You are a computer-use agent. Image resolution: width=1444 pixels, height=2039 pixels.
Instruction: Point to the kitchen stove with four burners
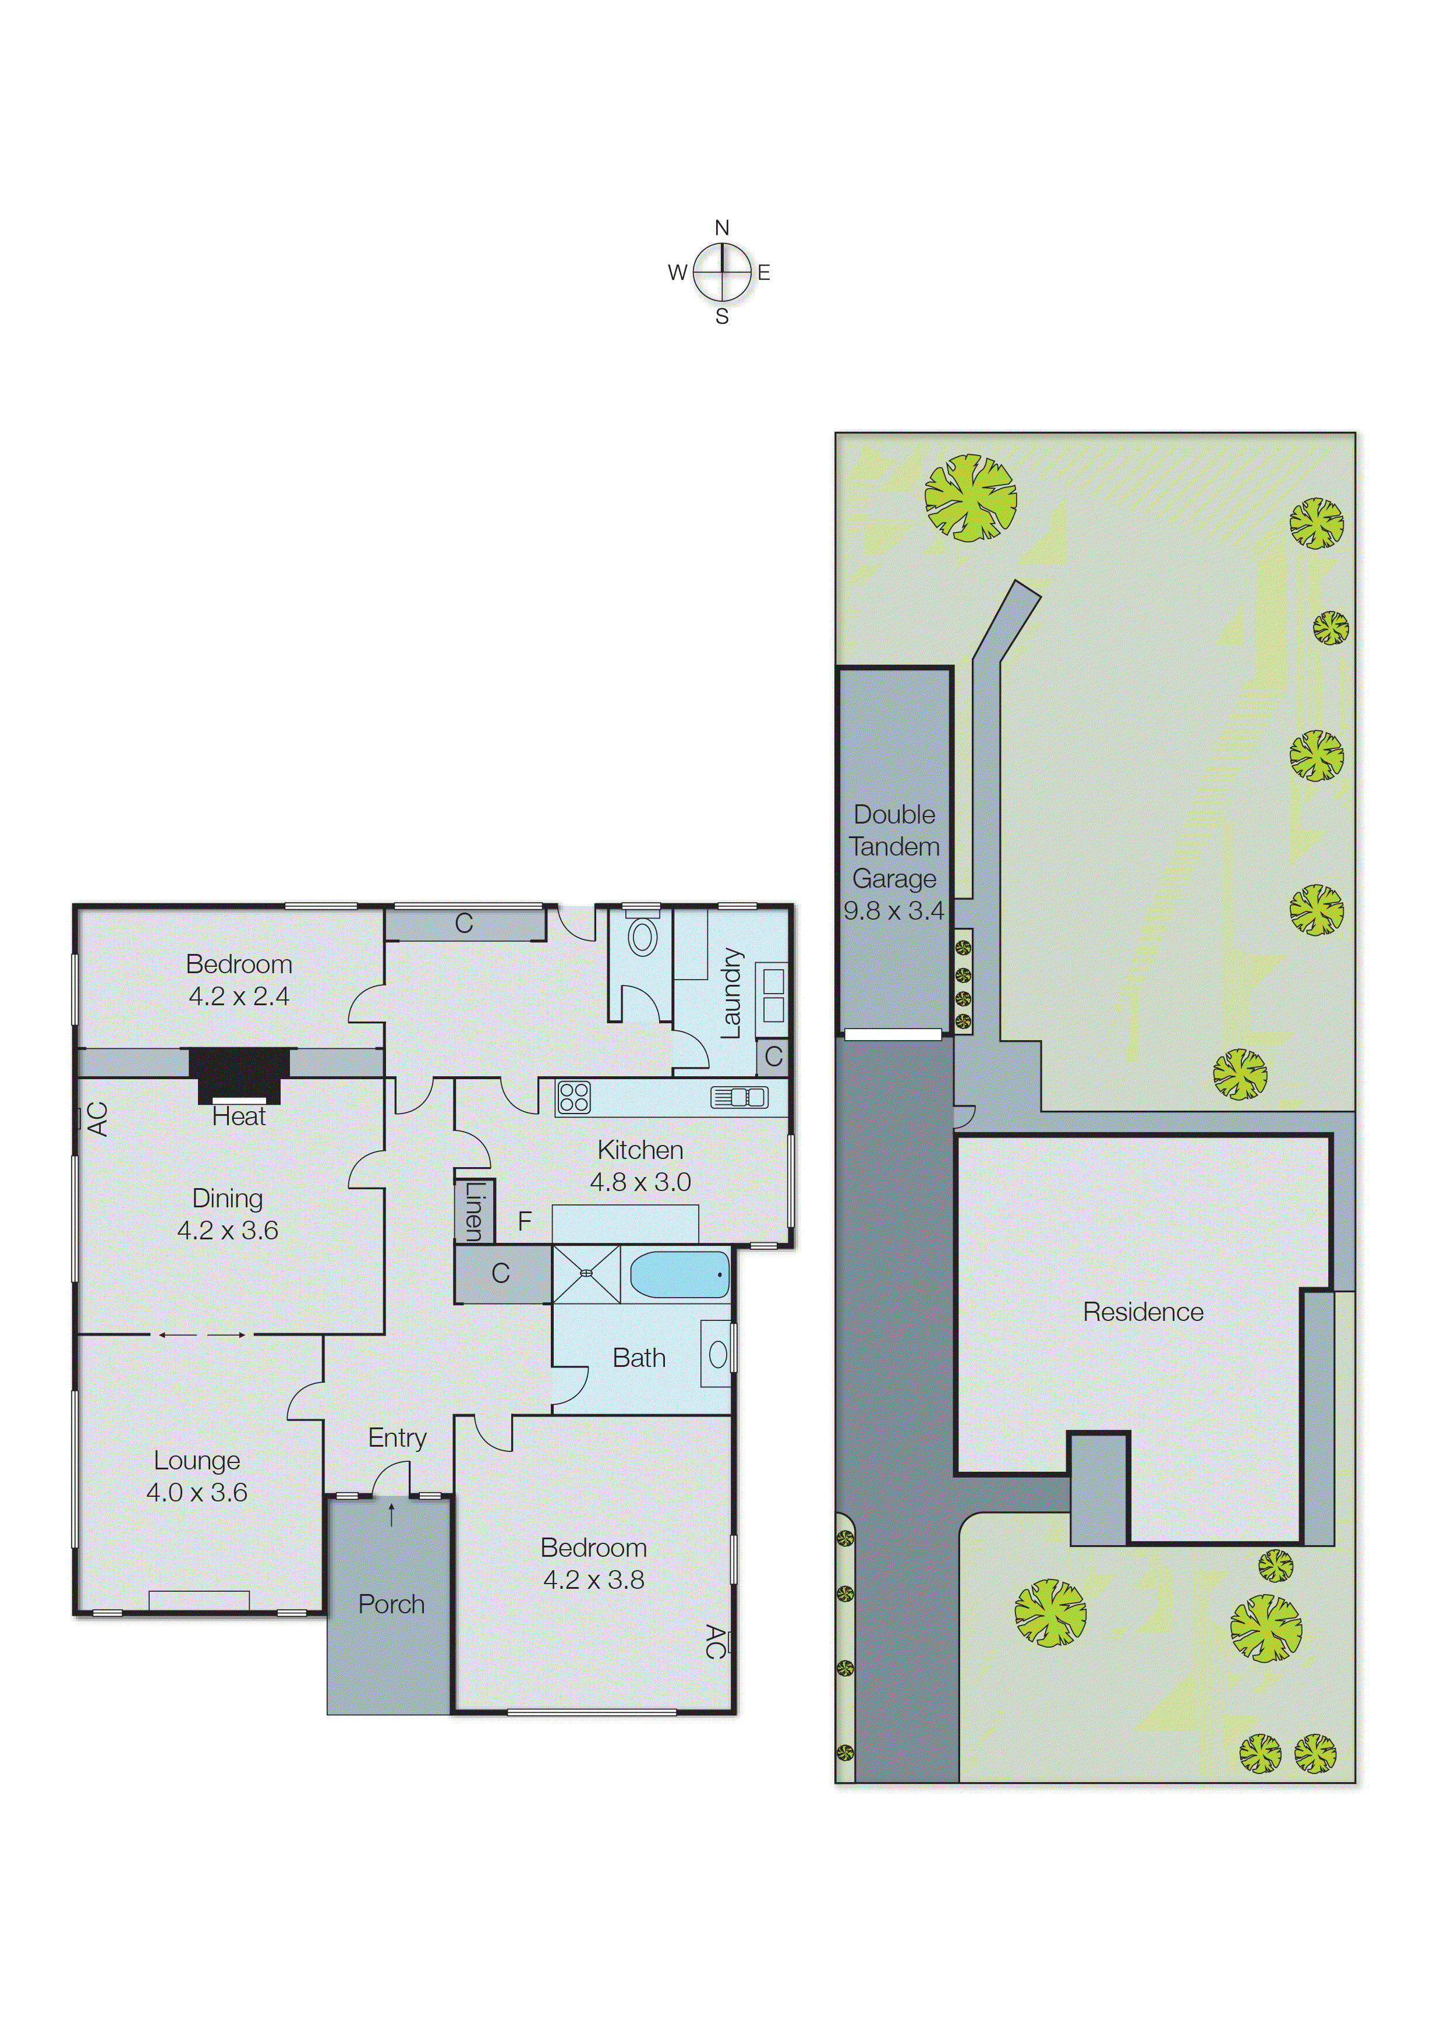coord(574,1097)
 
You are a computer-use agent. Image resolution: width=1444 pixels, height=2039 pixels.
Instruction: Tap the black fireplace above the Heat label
coord(239,1073)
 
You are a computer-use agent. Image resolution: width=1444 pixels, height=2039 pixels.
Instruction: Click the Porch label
coord(391,1604)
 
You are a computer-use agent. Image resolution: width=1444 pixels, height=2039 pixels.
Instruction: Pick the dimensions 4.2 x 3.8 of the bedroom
coord(593,1579)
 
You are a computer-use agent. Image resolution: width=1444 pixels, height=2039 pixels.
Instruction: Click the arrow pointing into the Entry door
coord(391,1514)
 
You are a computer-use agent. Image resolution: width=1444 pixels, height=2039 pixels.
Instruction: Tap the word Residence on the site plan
coord(1142,1312)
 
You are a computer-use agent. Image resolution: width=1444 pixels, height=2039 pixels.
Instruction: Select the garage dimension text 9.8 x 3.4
coord(894,910)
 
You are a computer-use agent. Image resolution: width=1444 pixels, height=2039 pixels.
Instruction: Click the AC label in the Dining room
coord(98,1119)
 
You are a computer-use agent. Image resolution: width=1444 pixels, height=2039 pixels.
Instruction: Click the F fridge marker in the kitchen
coord(525,1221)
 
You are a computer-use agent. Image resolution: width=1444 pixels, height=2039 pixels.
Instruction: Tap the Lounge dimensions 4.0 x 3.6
coord(196,1492)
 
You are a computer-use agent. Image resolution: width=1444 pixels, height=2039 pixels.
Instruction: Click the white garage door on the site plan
coord(892,1034)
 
